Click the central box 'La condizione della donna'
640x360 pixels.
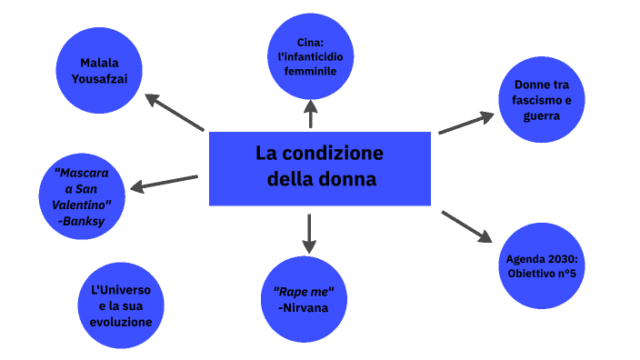(319, 167)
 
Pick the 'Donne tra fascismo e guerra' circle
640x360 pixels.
(541, 100)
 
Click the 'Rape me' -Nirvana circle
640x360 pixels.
(304, 300)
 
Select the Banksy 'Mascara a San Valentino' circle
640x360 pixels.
(82, 198)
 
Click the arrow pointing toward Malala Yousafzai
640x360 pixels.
(175, 113)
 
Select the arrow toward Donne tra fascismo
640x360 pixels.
(466, 124)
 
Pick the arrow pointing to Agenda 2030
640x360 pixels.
(466, 225)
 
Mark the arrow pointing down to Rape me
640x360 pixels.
(309, 234)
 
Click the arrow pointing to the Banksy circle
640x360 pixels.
(164, 184)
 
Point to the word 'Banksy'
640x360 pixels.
(82, 220)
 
